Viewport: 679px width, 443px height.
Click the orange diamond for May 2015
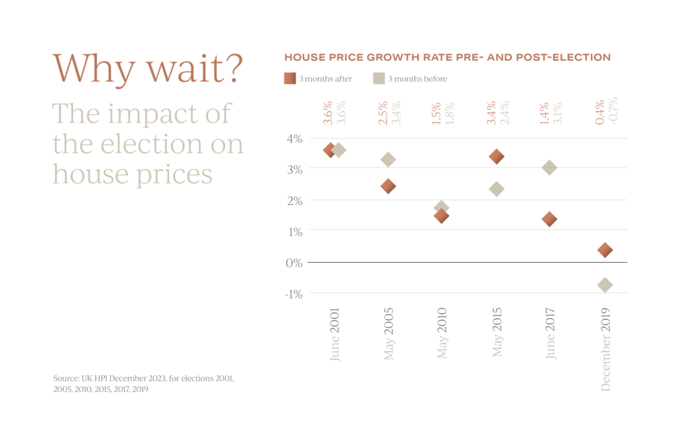click(497, 157)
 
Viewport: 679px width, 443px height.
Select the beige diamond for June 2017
click(549, 168)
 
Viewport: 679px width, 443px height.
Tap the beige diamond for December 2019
click(605, 285)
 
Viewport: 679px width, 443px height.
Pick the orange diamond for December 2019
click(605, 250)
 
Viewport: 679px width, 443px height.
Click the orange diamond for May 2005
click(389, 186)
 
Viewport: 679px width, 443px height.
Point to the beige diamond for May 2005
click(389, 159)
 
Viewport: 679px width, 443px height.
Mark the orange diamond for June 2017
click(549, 219)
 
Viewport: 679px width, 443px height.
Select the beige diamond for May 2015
click(497, 189)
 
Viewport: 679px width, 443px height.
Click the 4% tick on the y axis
click(294, 139)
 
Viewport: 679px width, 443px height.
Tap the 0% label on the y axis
click(294, 263)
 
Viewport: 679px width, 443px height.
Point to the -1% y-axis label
click(293, 294)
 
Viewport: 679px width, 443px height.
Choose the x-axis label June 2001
click(335, 334)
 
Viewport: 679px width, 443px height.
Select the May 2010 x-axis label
click(443, 333)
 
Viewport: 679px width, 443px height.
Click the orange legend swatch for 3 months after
click(290, 79)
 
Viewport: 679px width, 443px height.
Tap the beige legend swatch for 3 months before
click(379, 79)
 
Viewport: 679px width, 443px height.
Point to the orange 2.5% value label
click(383, 112)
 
